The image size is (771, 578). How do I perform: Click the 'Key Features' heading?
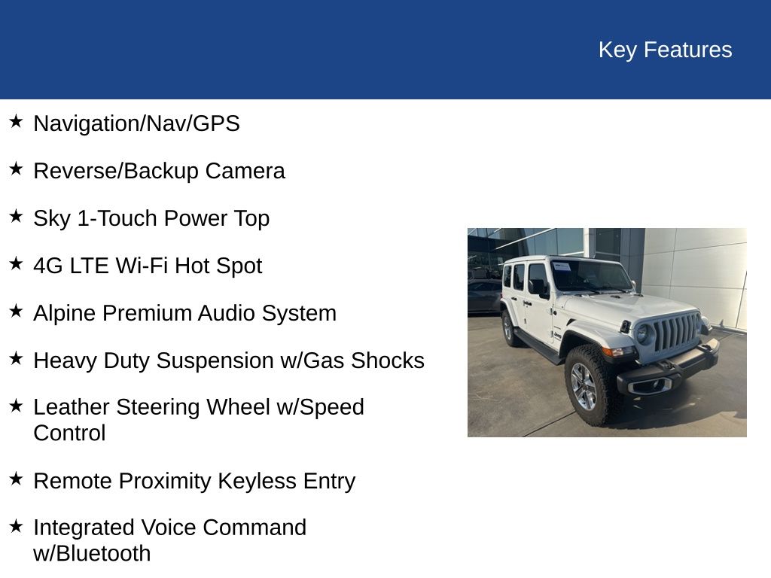coord(665,50)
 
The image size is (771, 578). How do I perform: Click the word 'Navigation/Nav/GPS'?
coord(136,123)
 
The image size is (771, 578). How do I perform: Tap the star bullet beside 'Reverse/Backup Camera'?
coord(16,169)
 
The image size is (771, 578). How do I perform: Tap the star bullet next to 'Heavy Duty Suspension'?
coord(16,358)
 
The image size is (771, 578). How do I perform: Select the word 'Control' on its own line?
coord(69,433)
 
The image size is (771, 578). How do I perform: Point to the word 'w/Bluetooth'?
coord(92,554)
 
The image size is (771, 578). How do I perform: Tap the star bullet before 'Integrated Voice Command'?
coord(16,525)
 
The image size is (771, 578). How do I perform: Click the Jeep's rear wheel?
coord(508,329)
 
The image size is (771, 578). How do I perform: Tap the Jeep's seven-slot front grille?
coord(675,332)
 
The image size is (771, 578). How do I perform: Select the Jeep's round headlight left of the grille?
coord(641,333)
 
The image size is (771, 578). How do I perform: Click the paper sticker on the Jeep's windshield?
coord(562,266)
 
